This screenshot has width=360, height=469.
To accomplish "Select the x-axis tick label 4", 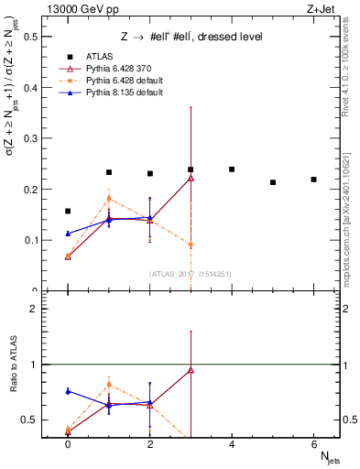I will [x=232, y=443].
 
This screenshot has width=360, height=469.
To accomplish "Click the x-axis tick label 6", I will [x=313, y=443].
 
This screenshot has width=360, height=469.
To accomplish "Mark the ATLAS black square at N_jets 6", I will [x=313, y=180].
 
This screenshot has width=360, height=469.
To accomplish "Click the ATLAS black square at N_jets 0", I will [x=68, y=212].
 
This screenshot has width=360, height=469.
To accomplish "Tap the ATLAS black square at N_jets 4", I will [x=232, y=169].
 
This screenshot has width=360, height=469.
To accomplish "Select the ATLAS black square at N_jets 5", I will [x=273, y=182].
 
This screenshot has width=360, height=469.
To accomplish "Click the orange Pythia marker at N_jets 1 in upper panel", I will [x=109, y=198].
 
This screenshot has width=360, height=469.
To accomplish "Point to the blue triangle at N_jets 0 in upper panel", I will [x=68, y=234].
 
